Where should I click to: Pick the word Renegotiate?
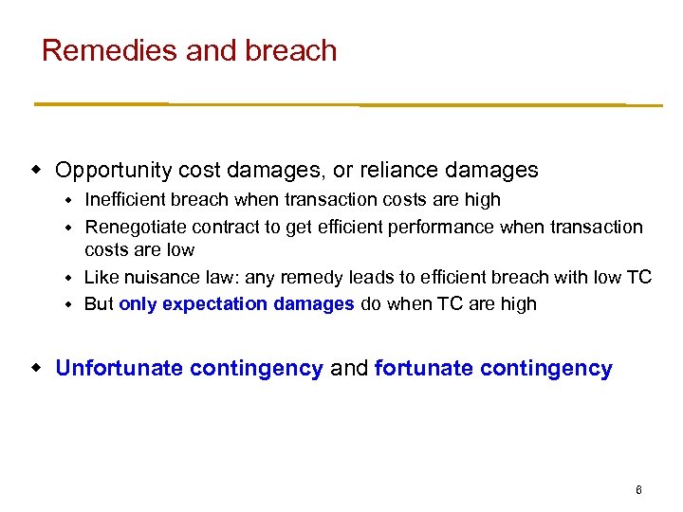pyautogui.click(x=136, y=228)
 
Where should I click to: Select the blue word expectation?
pyautogui.click(x=213, y=304)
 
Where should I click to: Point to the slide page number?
pyautogui.click(x=638, y=490)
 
